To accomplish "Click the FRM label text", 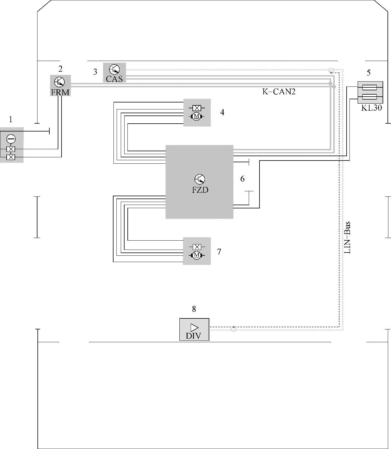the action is pos(60,92).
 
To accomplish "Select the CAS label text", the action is pos(114,79).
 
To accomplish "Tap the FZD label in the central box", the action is pos(200,190).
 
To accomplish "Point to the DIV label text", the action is pos(194,336).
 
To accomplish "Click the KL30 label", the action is pos(372,107).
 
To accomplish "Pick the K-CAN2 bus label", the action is pos(279,91).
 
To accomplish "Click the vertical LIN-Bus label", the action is pos(347,238).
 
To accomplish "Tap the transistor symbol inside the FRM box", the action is pos(60,82).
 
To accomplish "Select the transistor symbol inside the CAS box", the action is pos(114,70).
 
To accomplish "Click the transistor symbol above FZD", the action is pos(200,179).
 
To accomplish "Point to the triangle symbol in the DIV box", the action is pos(194,328).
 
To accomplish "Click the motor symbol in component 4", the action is pos(197,116).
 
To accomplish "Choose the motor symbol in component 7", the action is pos(197,255).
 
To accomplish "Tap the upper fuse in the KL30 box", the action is pos(370,88).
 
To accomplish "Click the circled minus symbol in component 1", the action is pos(11,139).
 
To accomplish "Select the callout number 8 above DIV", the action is pos(194,309).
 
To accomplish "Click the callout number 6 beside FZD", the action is pos(242,179).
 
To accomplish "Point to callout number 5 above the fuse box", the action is pos(369,73).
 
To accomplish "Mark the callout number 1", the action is pos(10,119).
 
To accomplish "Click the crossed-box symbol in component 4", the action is pos(197,108).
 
